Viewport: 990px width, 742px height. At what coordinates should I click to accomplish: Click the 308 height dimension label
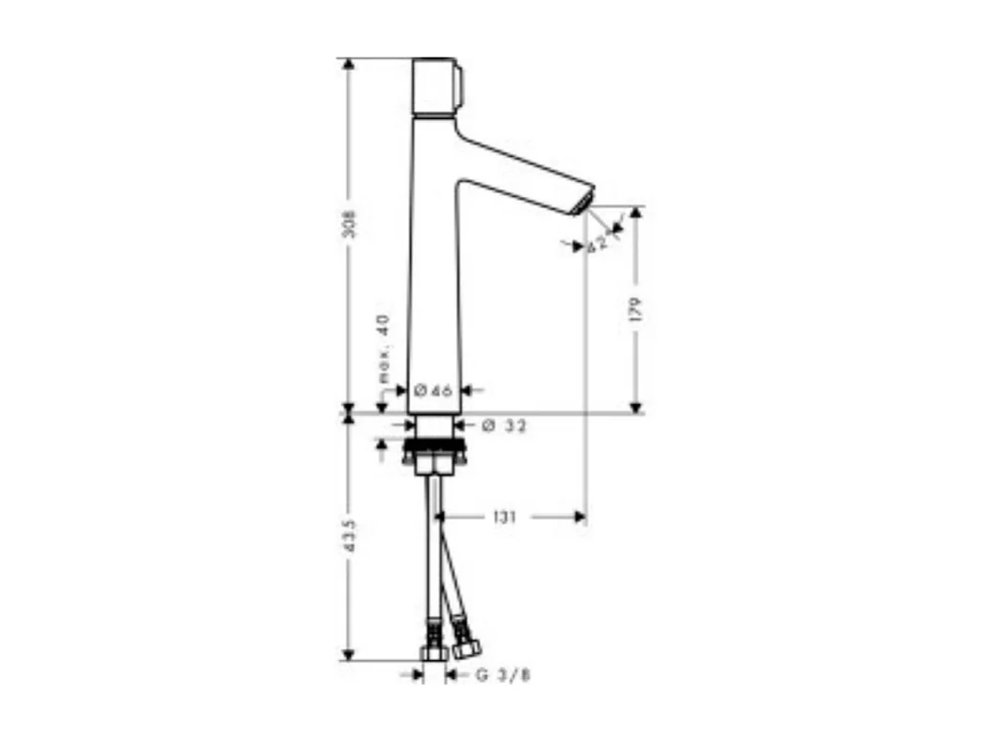point(350,225)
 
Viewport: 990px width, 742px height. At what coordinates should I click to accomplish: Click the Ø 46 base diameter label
point(433,391)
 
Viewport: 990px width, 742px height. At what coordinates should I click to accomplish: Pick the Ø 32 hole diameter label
point(504,426)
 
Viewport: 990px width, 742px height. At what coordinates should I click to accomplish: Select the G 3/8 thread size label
point(502,676)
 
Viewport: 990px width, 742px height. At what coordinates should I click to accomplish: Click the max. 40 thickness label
point(384,348)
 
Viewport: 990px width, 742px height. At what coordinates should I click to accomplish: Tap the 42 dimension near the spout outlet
point(598,243)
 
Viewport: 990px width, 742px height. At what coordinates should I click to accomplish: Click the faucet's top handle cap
point(433,87)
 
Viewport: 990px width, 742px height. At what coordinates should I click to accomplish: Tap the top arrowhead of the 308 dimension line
point(349,64)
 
